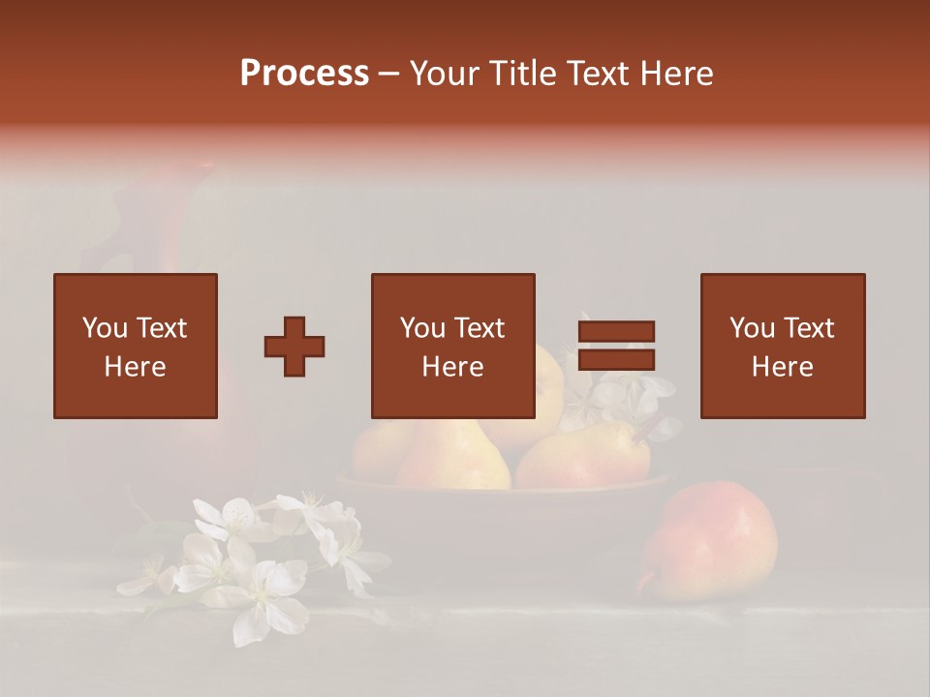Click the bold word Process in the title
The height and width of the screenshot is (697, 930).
tap(304, 73)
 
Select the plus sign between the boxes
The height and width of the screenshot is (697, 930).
tap(294, 347)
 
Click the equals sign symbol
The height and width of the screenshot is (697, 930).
tap(616, 346)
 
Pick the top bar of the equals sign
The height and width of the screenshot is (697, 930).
tap(616, 332)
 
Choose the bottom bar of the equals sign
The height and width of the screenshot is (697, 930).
tap(616, 359)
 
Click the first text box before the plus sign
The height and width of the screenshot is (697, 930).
tap(136, 346)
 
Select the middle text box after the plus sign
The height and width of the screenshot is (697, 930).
tap(453, 346)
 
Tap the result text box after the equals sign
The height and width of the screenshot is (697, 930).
tap(783, 346)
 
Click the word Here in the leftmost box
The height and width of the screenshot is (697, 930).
tap(135, 367)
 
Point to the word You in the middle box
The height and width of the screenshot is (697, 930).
tap(422, 328)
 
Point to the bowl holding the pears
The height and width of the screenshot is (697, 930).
tap(504, 508)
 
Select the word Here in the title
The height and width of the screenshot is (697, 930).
tap(679, 73)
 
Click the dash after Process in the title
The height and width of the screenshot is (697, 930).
tap(389, 73)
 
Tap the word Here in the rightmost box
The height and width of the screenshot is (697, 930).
tap(782, 367)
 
